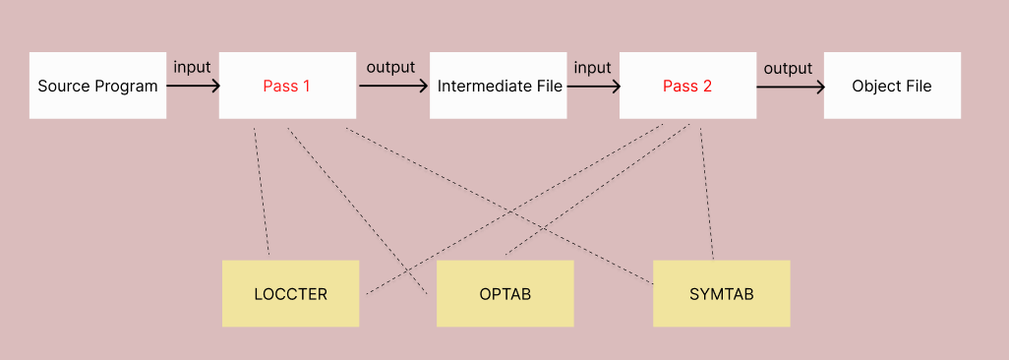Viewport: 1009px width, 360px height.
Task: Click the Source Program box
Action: tap(97, 86)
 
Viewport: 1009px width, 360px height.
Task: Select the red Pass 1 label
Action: tap(286, 86)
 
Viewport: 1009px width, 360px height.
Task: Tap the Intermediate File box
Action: tap(500, 86)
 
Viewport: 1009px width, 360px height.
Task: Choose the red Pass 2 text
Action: tap(686, 86)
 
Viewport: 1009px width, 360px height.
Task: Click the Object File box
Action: tap(891, 86)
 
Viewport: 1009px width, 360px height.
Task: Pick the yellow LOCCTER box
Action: tap(290, 294)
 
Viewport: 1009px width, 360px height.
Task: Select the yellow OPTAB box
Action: tap(504, 294)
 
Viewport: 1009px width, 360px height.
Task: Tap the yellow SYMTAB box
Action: tap(721, 294)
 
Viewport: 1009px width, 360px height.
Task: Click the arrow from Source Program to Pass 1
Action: tap(193, 86)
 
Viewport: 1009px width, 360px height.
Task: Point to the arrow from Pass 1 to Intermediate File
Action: tap(393, 86)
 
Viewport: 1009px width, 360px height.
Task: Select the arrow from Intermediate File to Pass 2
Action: tap(593, 86)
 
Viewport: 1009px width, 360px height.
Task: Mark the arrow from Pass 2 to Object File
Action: tap(790, 87)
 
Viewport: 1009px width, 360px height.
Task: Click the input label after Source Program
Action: tap(192, 67)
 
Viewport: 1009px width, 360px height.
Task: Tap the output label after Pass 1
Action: tap(390, 67)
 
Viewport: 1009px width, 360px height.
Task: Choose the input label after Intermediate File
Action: tap(592, 67)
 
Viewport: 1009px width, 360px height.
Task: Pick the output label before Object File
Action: tap(788, 68)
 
